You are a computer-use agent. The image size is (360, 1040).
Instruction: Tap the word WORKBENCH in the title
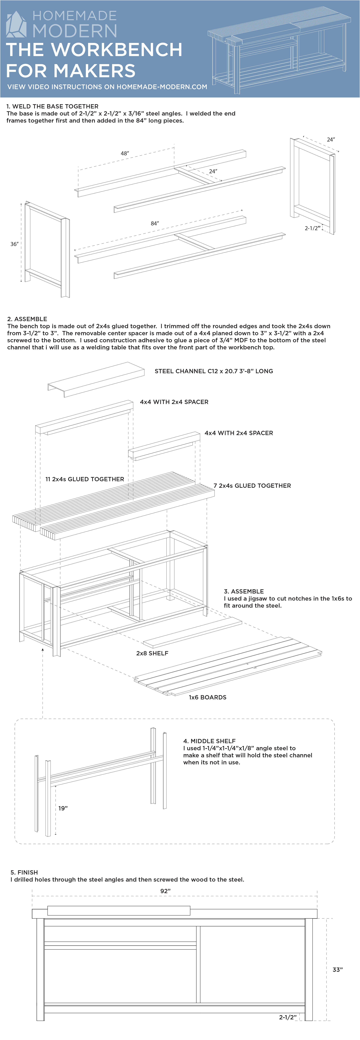point(117,50)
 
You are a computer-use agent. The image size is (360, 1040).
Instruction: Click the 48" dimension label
point(125,153)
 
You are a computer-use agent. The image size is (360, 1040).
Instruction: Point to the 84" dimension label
point(155,223)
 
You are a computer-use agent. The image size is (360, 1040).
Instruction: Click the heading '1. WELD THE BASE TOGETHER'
point(53,106)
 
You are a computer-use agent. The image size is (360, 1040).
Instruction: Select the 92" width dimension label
point(165,891)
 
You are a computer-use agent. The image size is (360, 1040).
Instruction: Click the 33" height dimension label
point(337,969)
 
